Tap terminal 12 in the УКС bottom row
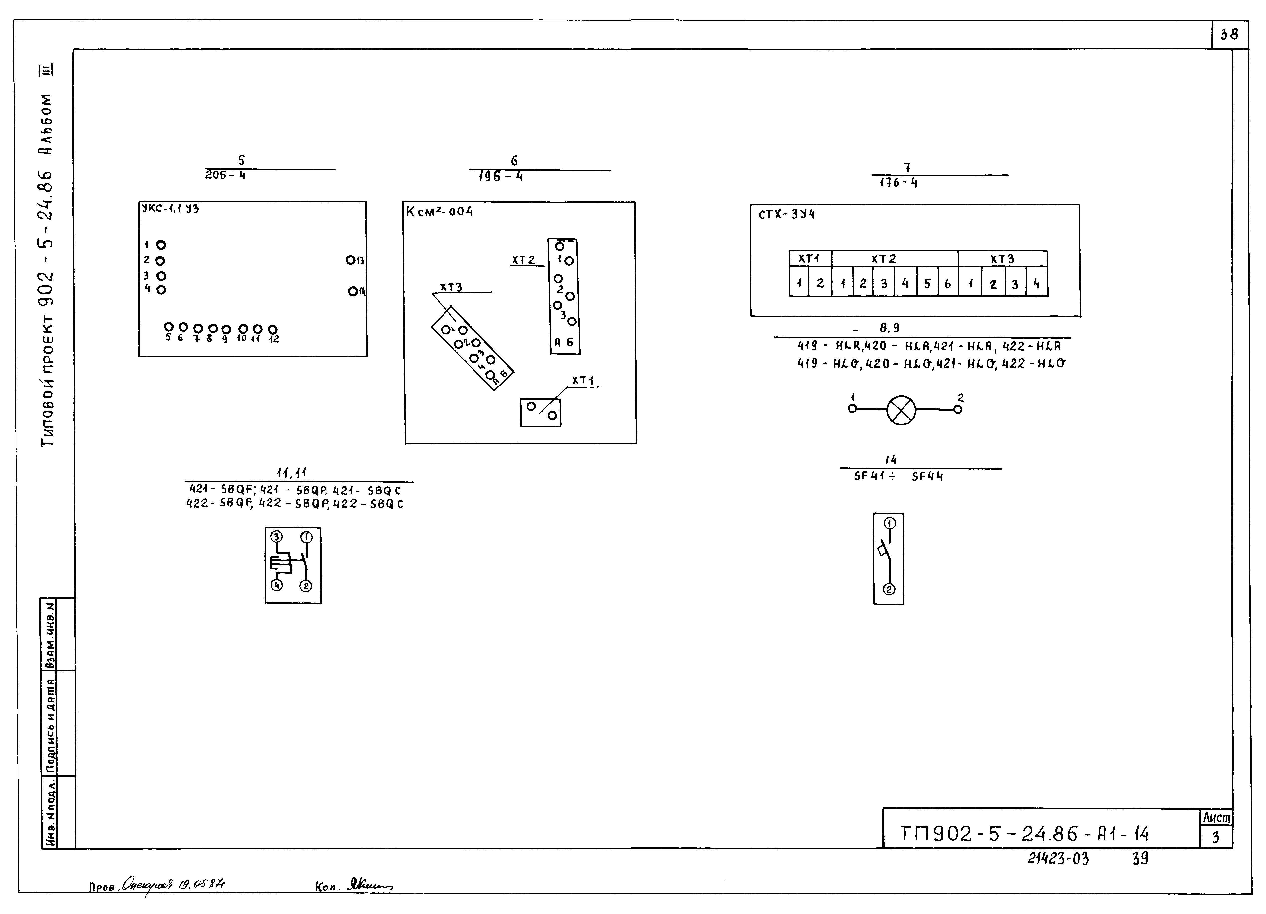pos(273,330)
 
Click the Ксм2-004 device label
pos(440,212)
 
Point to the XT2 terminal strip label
pos(524,260)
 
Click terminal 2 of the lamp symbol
pos(958,409)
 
